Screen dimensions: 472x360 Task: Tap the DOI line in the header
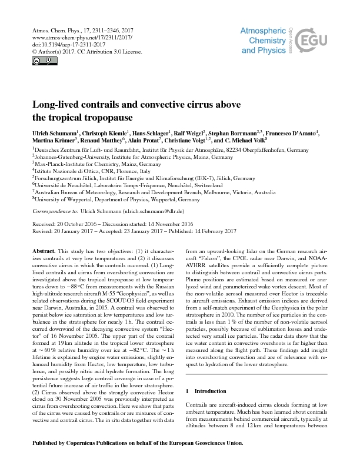tap(61, 44)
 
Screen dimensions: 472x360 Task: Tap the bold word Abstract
tap(45, 250)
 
